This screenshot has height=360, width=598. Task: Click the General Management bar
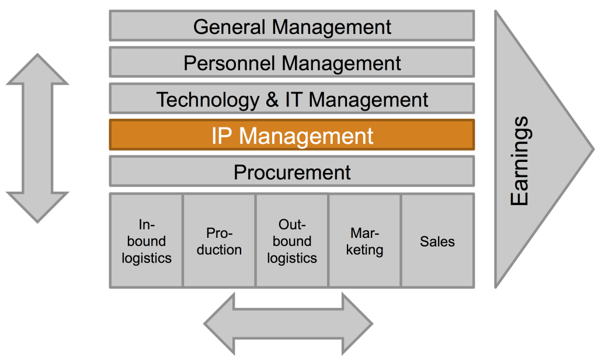[292, 26]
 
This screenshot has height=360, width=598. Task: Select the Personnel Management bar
[292, 63]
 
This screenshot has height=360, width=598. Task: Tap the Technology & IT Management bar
[292, 99]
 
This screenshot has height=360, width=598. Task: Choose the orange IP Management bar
[292, 135]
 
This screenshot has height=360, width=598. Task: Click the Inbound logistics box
[147, 241]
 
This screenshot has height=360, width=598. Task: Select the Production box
[219, 241]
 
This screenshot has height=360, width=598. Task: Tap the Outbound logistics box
[292, 241]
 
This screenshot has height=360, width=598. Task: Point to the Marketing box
[364, 241]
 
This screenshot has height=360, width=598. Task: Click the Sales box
[437, 241]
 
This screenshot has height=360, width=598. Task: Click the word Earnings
[519, 161]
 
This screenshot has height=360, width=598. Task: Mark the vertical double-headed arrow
[37, 138]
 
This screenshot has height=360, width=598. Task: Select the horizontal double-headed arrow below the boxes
[288, 323]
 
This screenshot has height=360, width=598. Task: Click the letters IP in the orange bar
[222, 136]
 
